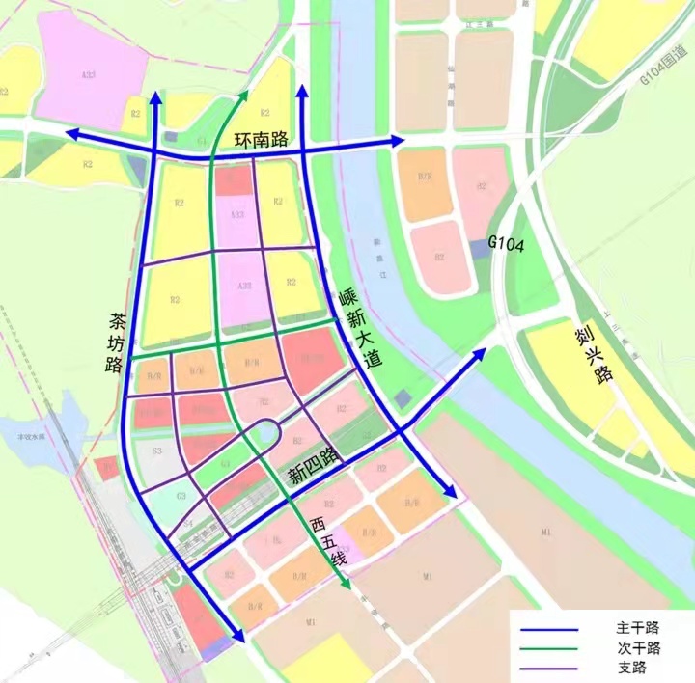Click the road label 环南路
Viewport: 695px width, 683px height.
point(262,140)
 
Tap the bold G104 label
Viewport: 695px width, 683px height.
point(506,246)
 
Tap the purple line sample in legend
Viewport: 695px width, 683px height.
point(549,668)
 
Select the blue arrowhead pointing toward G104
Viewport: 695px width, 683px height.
point(483,354)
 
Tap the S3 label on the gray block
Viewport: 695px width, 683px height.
point(154,450)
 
